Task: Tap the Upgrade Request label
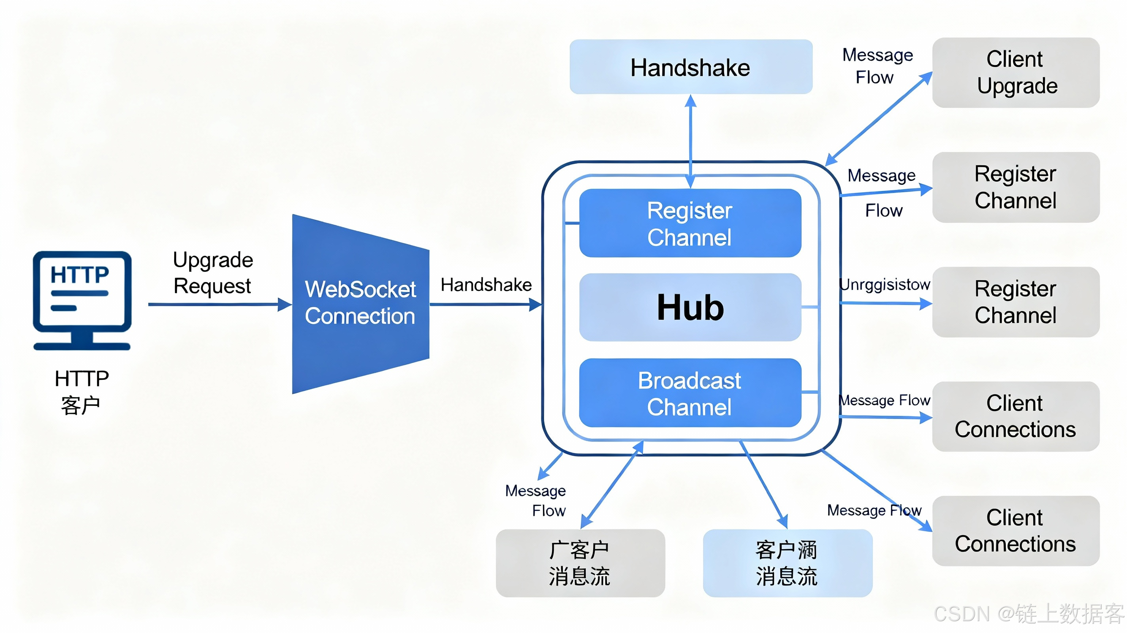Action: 212,273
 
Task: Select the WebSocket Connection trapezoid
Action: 360,303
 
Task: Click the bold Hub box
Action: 690,307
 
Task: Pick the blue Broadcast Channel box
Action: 690,393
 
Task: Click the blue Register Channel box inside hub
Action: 690,223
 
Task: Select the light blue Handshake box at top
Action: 691,67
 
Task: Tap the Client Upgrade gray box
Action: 1015,73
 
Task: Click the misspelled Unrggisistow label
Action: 884,284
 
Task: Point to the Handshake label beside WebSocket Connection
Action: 486,285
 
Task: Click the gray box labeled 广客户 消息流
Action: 580,563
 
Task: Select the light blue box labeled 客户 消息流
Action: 787,563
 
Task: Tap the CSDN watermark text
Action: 1028,613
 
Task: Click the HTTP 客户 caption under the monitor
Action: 82,392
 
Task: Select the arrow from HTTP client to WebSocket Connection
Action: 219,304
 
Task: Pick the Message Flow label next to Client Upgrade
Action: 877,66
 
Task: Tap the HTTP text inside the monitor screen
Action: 79,275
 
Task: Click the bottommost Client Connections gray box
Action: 1015,531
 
